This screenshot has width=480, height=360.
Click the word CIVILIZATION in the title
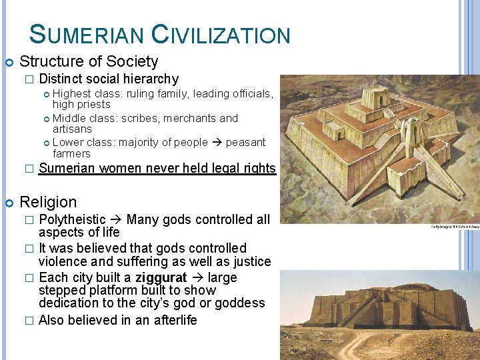pos(221,34)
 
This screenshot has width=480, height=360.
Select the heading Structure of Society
pos(89,62)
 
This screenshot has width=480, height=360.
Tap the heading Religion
pos(49,202)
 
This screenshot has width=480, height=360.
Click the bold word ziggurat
pos(167,277)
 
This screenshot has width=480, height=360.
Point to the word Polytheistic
pos(72,219)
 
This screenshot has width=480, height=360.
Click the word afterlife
pos(171,320)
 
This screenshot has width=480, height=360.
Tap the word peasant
pos(245,142)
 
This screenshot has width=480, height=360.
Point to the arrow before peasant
pos(217,142)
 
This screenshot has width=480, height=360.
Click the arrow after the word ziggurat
pos(199,277)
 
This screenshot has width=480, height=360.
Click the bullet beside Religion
pos(9,202)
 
